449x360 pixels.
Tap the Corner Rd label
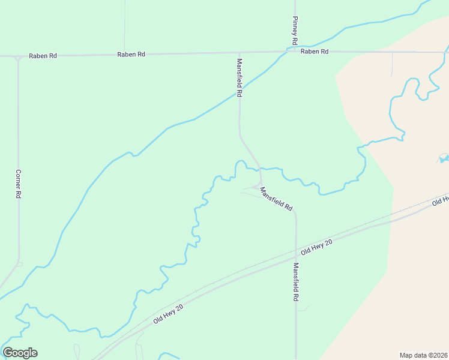pos(19,184)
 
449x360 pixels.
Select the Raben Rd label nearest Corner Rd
pos(45,56)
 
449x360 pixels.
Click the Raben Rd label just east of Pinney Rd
pos(315,52)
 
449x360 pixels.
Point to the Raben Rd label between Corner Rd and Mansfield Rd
pos(131,55)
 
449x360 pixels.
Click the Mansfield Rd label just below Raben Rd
pos(239,77)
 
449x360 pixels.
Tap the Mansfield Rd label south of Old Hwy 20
pos(296,282)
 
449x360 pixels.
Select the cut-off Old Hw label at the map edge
pos(441,201)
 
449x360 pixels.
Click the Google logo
pos(20,353)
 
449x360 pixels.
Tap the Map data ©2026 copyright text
pos(424,355)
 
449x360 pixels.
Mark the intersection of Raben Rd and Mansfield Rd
pos(239,53)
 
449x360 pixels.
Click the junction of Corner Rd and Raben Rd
pos(18,57)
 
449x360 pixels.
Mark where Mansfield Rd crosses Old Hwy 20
pos(296,256)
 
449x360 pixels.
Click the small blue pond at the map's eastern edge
pos(444,158)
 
